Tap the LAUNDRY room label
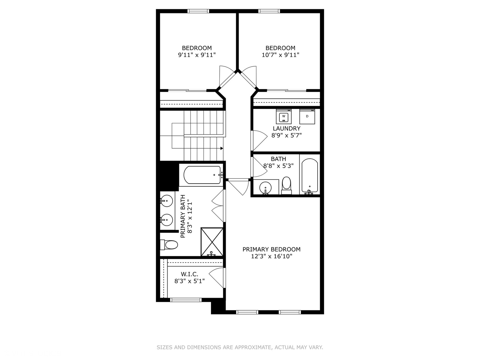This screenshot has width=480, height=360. (x=286, y=128)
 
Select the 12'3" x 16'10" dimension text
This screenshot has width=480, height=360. (x=271, y=256)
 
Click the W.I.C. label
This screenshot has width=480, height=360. (x=189, y=274)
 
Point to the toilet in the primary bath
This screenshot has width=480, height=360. (x=170, y=245)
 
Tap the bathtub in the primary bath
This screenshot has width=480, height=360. (x=202, y=175)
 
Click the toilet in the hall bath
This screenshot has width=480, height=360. (x=286, y=186)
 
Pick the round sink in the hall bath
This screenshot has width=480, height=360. (x=265, y=188)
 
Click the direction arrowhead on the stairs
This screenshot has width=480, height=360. (x=222, y=148)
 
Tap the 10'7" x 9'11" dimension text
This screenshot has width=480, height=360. (x=280, y=55)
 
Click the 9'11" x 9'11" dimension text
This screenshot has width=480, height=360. (x=197, y=55)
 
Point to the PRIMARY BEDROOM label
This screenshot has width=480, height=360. (x=271, y=249)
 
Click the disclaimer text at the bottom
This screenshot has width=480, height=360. (x=240, y=347)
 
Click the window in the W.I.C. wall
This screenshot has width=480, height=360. (x=186, y=300)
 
